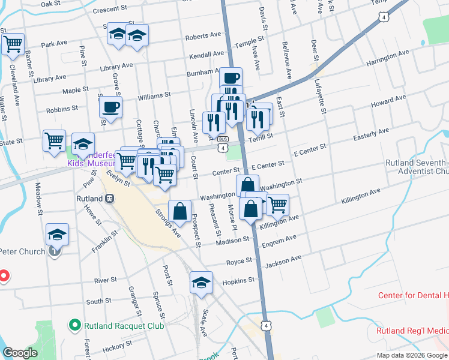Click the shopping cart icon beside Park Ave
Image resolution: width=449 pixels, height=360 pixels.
13,43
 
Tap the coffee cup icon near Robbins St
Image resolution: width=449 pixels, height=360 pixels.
110,107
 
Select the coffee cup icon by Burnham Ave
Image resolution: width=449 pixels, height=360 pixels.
231,78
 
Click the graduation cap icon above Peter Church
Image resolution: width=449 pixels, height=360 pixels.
58,234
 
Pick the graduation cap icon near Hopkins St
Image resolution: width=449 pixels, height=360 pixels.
201,282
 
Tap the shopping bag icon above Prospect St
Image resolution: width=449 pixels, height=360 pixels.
179,211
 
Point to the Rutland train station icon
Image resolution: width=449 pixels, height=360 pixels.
109,198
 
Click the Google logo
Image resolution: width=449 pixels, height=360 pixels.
20,353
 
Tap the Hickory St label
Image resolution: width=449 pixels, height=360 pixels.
117,348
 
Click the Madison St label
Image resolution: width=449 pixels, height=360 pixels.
234,239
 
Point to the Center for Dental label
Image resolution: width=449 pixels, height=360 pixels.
414,295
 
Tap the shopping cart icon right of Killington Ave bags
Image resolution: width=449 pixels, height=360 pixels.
277,205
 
